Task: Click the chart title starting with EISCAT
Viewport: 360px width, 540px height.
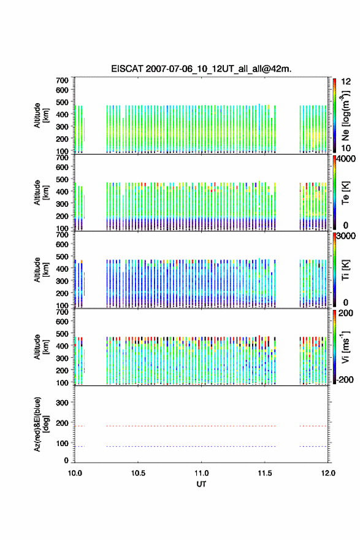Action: (x=201, y=69)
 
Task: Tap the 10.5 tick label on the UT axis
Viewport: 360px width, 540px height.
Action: (x=138, y=473)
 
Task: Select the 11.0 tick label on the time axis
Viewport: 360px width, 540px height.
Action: (x=201, y=473)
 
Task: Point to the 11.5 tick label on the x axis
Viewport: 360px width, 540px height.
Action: (x=265, y=473)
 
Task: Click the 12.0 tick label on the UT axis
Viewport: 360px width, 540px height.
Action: (x=328, y=473)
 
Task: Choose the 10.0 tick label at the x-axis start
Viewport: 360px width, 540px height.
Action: (x=75, y=473)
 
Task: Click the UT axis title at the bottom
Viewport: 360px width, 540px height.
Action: (x=201, y=484)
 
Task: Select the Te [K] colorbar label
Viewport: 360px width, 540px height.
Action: (x=345, y=193)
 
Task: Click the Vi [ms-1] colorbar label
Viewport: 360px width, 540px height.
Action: (x=345, y=347)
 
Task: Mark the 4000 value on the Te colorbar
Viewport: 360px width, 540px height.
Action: (x=345, y=159)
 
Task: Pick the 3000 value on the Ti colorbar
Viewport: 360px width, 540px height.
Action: (x=345, y=236)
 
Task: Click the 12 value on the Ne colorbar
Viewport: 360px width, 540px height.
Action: (x=346, y=82)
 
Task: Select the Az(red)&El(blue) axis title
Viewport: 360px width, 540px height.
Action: (x=41, y=424)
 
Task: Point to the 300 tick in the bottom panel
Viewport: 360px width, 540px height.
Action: (x=63, y=403)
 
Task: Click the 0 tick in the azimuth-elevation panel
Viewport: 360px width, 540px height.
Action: (x=66, y=460)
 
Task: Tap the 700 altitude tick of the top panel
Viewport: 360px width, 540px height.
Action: (x=63, y=80)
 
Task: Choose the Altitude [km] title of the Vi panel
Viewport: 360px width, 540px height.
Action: (x=41, y=347)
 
